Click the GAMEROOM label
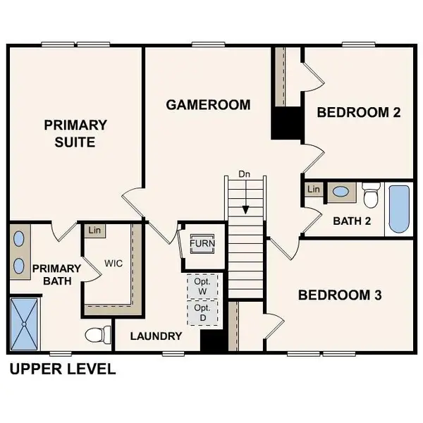pyautogui.click(x=208, y=105)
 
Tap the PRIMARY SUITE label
pyautogui.click(x=75, y=133)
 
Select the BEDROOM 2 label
pyautogui.click(x=353, y=112)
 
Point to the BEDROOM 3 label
pyautogui.click(x=340, y=295)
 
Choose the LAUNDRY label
pyautogui.click(x=157, y=336)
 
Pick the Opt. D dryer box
pyautogui.click(x=203, y=312)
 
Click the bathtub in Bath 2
pyautogui.click(x=398, y=209)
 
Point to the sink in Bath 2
pyautogui.click(x=341, y=191)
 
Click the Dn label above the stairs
pyautogui.click(x=245, y=173)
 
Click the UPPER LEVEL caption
pyautogui.click(x=62, y=369)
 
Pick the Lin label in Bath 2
pyautogui.click(x=314, y=190)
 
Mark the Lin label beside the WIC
pyautogui.click(x=93, y=230)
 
